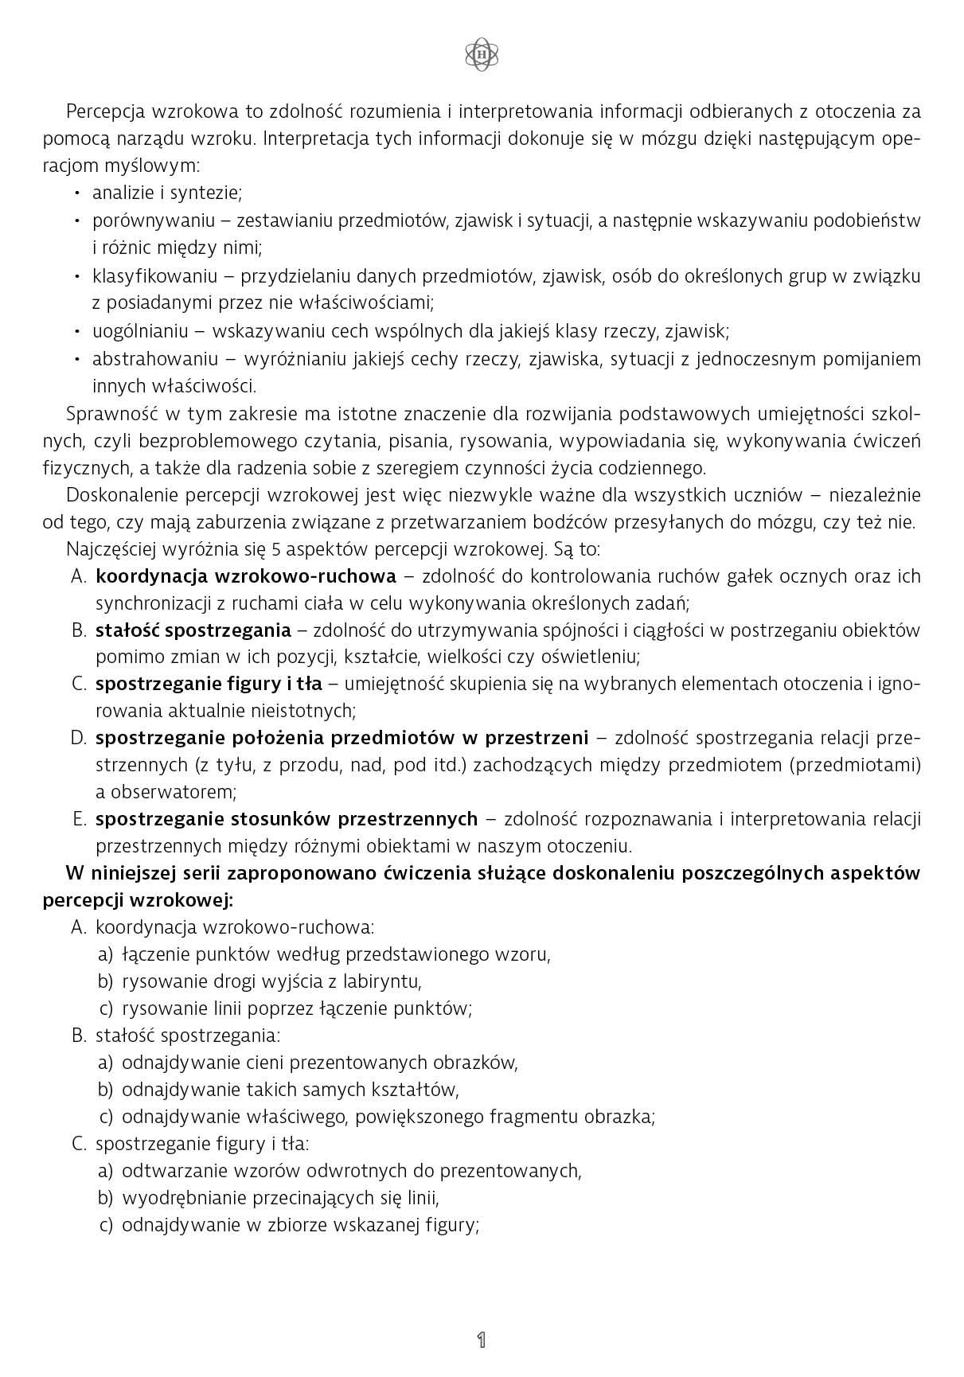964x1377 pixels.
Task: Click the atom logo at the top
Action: coord(482,54)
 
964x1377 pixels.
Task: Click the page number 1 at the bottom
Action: coord(481,1340)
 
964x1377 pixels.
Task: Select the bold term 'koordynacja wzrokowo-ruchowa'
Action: coord(245,575)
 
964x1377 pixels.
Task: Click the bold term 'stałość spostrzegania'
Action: coord(193,630)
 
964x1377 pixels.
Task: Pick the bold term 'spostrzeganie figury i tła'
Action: coord(209,684)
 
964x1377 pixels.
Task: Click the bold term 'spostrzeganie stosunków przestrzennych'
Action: coord(287,818)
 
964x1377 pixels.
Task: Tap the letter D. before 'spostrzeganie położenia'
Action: coord(78,738)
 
